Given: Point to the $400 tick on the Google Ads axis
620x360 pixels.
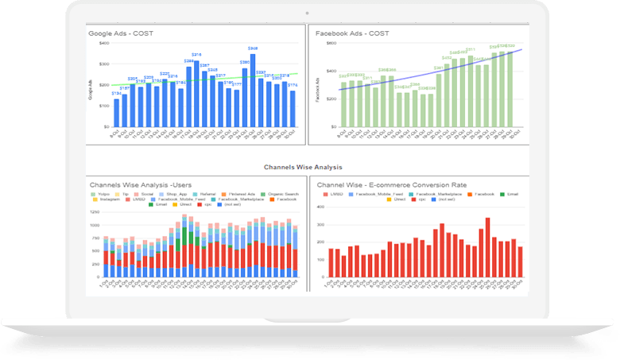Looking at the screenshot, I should pos(103,43).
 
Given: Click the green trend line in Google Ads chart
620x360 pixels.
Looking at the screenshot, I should pos(199,79).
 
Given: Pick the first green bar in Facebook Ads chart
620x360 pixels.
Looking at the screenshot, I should pos(344,104).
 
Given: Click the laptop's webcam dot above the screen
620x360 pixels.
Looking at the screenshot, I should pos(306,13).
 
